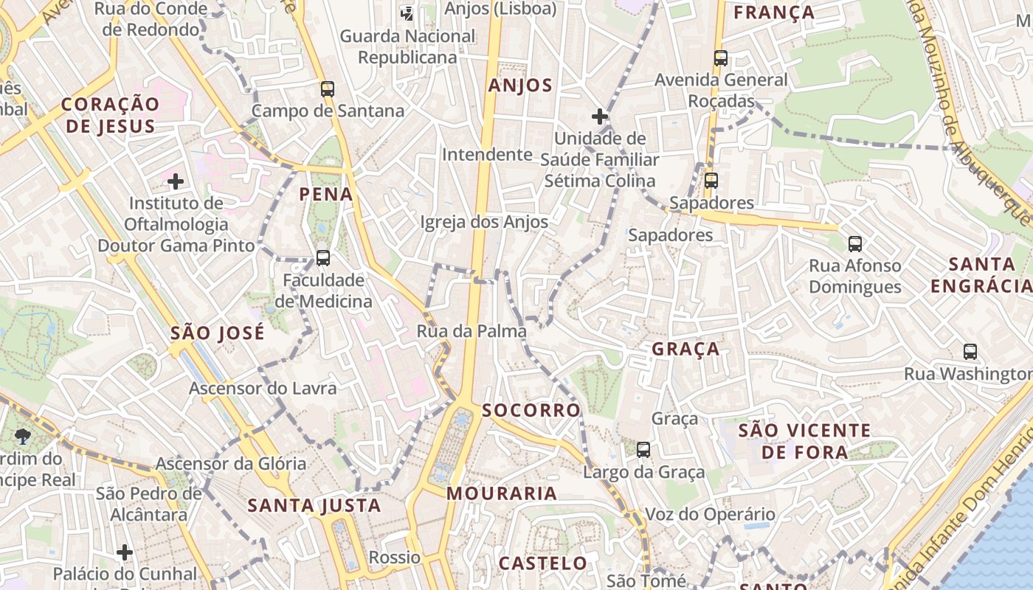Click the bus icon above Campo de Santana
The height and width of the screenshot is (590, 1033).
point(328,89)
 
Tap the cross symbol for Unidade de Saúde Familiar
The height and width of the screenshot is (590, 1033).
point(600,117)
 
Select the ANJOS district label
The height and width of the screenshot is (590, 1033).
point(520,86)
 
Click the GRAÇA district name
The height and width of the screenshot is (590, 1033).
point(685,349)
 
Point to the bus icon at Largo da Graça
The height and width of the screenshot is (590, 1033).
point(643,449)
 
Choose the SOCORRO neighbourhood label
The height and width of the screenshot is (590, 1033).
point(531,410)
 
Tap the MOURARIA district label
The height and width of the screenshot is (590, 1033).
point(502,493)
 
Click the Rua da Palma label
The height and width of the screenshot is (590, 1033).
point(471,331)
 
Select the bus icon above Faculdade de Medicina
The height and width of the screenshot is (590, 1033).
point(323,258)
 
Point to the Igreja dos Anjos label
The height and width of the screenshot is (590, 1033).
point(484,222)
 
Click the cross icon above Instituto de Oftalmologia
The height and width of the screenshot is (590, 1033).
point(176,181)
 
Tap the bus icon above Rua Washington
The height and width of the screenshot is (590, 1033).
point(970,352)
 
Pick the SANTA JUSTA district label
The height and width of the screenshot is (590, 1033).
point(314,505)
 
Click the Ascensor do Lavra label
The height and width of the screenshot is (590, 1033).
point(263,388)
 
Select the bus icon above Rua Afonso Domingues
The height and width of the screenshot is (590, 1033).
point(855,243)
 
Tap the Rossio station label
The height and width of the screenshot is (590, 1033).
point(394,557)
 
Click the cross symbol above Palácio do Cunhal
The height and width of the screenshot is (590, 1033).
point(125,552)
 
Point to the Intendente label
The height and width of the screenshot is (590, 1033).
point(487,154)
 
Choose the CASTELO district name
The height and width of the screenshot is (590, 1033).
point(543,563)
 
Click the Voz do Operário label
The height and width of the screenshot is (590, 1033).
point(710,514)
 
